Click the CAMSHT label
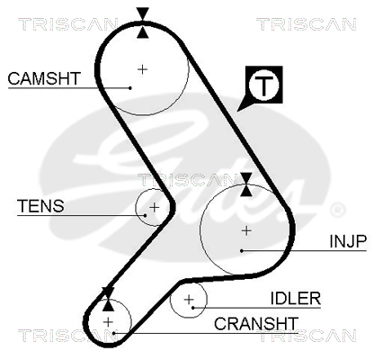pyautogui.click(x=44, y=78)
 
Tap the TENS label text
pyautogui.click(x=40, y=206)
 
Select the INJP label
pyautogui.click(x=348, y=241)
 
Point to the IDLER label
pyautogui.click(x=296, y=298)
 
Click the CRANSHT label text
pyautogui.click(x=256, y=324)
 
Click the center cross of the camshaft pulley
pyautogui.click(x=143, y=69)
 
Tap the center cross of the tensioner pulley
pyautogui.click(x=155, y=207)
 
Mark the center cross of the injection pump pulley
pyautogui.click(x=246, y=230)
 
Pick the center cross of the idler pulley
pyautogui.click(x=189, y=300)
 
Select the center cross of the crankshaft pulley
pyautogui.click(x=108, y=322)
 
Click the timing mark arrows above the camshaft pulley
pyautogui.click(x=143, y=23)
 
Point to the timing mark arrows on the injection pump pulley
pyautogui.click(x=246, y=184)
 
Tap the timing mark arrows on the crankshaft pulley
pyautogui.click(x=108, y=299)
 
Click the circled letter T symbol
pyautogui.click(x=264, y=85)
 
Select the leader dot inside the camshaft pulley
pyautogui.click(x=130, y=88)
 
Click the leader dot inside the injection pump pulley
pyautogui.click(x=242, y=250)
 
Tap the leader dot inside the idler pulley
pyautogui.click(x=193, y=308)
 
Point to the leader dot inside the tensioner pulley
pyautogui.click(x=146, y=215)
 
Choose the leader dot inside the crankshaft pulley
pyautogui.click(x=114, y=333)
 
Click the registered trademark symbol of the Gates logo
pyautogui.click(x=337, y=210)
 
